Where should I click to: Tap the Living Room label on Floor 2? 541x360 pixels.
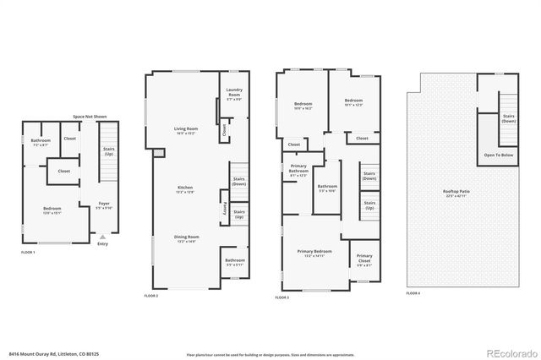[185, 130]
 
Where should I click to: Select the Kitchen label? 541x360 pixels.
[185, 188]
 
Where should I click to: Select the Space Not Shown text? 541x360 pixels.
[89, 116]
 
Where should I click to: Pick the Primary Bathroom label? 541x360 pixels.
[298, 169]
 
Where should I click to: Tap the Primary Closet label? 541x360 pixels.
[363, 258]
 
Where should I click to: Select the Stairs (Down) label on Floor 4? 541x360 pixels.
[509, 117]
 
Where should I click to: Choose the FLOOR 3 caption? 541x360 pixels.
[283, 297]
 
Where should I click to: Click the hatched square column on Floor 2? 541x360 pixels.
[156, 154]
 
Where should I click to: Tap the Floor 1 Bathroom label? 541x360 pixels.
[41, 143]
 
